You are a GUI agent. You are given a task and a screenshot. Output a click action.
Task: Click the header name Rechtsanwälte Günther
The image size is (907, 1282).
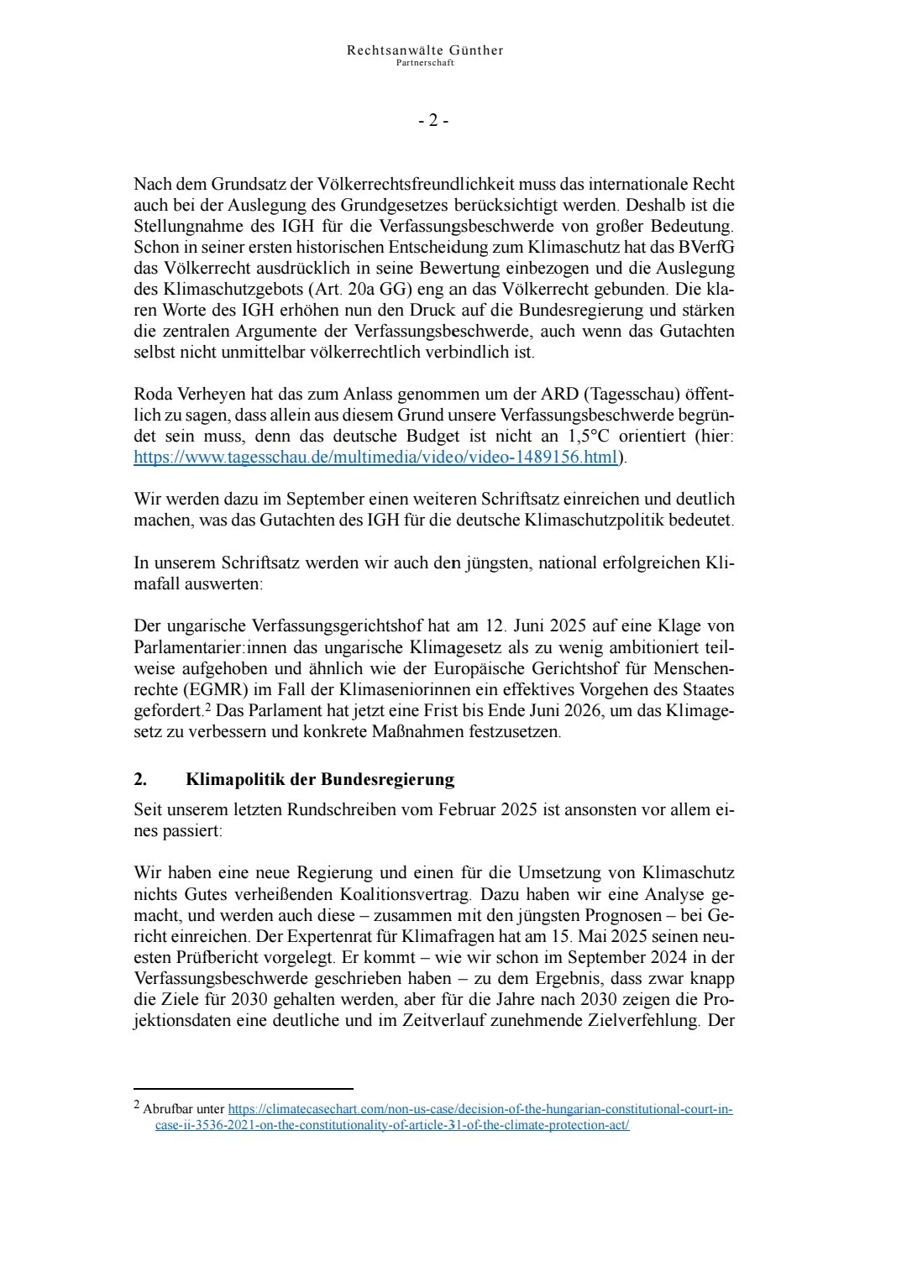coord(425,50)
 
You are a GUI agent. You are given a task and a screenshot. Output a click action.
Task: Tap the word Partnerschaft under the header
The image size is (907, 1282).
coord(425,63)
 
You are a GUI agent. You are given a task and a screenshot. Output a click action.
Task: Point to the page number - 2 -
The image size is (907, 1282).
coord(433,120)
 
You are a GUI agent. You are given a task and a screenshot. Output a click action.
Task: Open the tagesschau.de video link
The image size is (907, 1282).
coord(375,458)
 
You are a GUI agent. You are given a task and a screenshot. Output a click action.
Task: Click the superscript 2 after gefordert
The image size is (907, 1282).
coord(207,707)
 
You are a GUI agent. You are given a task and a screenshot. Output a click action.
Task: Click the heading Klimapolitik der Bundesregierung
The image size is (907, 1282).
coord(320,779)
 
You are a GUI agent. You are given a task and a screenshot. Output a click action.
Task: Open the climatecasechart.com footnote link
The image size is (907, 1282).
coord(480,1109)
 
